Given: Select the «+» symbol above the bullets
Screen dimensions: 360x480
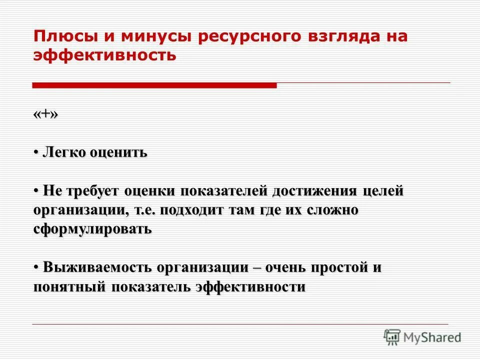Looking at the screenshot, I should click(46, 114).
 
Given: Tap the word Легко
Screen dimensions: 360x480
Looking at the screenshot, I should click(64, 152).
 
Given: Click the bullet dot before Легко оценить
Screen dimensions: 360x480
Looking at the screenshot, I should click(36, 152).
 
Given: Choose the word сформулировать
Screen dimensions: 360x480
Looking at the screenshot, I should click(92, 229).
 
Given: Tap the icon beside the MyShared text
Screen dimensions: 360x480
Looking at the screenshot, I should click(392, 337).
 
